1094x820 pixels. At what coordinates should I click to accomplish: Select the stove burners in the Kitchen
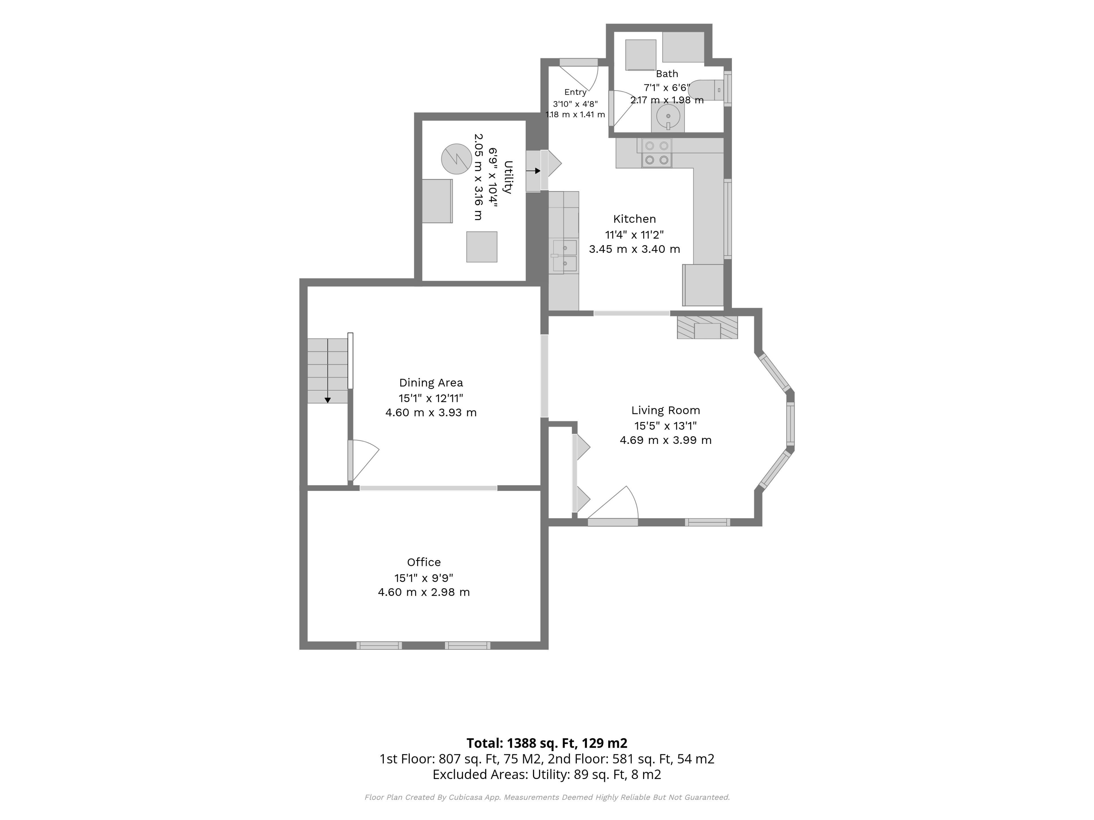657,153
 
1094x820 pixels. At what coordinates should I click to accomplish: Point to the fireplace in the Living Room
707,327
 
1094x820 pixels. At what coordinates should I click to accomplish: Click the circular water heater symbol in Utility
456,159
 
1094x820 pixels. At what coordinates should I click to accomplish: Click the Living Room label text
666,410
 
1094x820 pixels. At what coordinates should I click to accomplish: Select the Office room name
424,562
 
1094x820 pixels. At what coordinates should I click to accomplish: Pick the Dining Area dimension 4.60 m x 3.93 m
431,413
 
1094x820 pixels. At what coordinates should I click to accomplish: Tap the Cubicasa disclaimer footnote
547,797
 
